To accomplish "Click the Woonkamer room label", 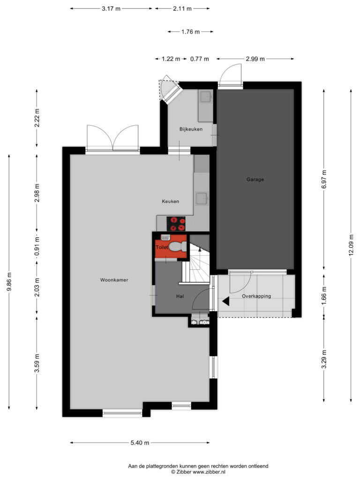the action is coord(114,280).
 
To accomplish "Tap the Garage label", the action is coord(255,180).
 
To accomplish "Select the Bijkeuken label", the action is coord(191,129).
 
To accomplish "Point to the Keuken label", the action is coord(171,201).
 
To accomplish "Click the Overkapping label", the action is coord(256,296).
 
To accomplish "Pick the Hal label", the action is coord(180,296).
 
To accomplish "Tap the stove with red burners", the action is coord(176,224).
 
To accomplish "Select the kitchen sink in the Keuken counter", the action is coord(202,198).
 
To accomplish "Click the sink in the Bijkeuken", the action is coord(206,97).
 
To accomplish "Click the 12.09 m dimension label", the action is coord(351,245).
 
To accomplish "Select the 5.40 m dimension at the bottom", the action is coord(140,442).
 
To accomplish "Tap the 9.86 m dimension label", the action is coord(9,282).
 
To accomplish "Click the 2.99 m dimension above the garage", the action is coord(255,59).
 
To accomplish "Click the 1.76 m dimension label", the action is coord(190,31).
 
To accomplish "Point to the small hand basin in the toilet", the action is coord(165,237).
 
